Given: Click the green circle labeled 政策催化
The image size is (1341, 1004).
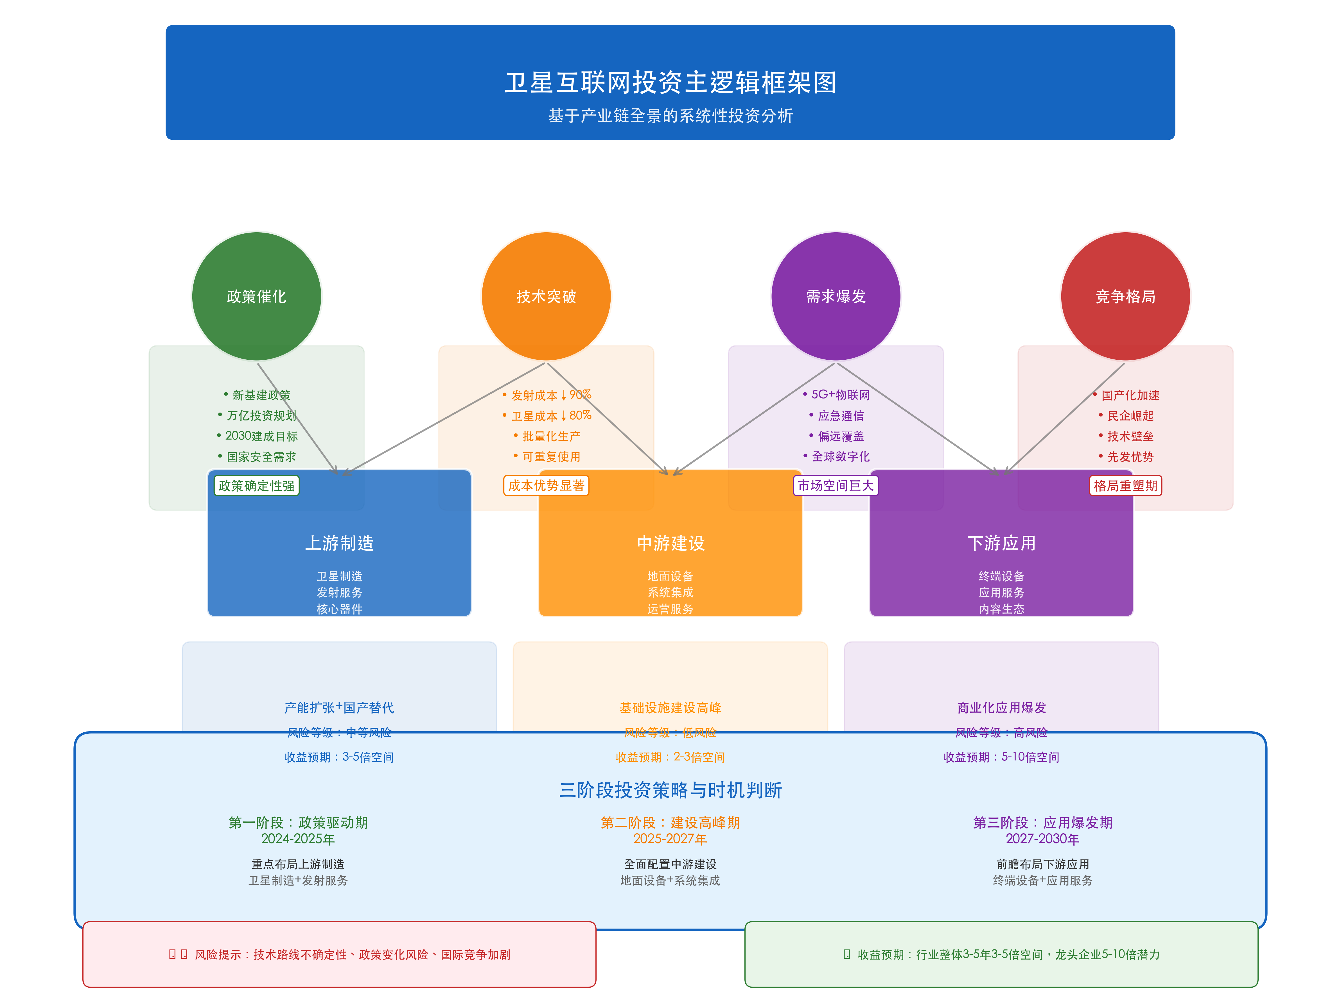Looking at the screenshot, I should pyautogui.click(x=256, y=296).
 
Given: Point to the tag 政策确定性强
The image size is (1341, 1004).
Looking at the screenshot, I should pyautogui.click(x=256, y=486).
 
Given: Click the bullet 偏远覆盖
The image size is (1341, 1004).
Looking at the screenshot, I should pyautogui.click(x=840, y=436).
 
